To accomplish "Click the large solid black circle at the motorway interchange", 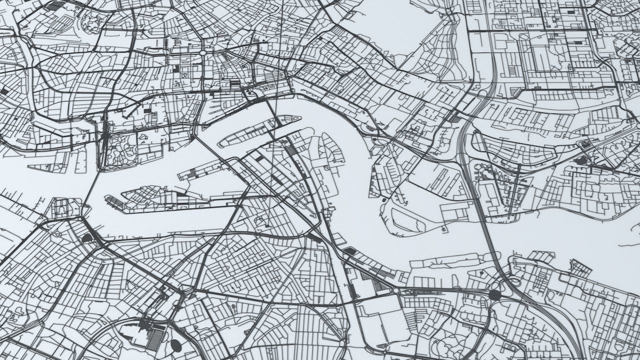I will (x=494, y=294).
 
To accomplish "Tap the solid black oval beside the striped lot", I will (x=175, y=344).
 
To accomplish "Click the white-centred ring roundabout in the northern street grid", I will (x=203, y=52).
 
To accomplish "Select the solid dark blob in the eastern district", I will (x=581, y=160).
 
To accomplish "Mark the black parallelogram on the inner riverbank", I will (x=315, y=238).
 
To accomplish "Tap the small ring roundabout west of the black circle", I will (x=396, y=290).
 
